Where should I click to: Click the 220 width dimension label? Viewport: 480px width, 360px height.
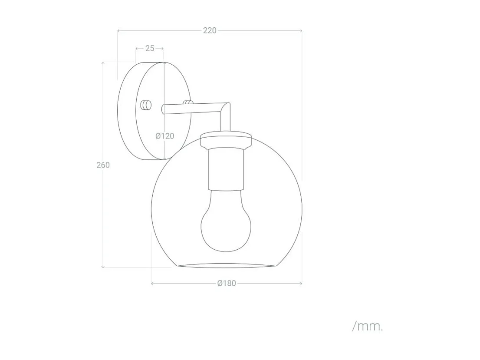(x=210, y=31)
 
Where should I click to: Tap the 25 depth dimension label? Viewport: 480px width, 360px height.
(x=150, y=48)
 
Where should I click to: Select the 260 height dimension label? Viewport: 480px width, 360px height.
(x=103, y=165)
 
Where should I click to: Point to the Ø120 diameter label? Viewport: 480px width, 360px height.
(x=165, y=136)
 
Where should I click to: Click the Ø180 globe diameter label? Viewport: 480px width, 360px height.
(x=227, y=283)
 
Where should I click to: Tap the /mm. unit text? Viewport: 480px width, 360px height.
(x=368, y=326)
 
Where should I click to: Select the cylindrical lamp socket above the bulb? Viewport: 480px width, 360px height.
(x=226, y=169)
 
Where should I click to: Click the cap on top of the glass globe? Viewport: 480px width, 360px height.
(x=226, y=141)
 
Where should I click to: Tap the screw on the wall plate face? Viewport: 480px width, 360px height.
(x=146, y=105)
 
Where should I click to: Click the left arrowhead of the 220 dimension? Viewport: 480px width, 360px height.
(x=119, y=31)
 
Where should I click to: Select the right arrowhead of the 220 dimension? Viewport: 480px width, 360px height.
(x=301, y=31)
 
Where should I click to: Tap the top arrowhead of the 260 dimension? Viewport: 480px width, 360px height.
(x=103, y=63)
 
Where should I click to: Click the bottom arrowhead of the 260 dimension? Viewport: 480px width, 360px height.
(x=103, y=266)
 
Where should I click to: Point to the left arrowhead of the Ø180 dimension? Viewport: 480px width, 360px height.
(x=152, y=284)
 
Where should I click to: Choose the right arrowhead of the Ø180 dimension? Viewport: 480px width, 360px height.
(x=301, y=284)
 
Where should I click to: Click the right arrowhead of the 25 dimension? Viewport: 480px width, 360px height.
(x=162, y=49)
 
